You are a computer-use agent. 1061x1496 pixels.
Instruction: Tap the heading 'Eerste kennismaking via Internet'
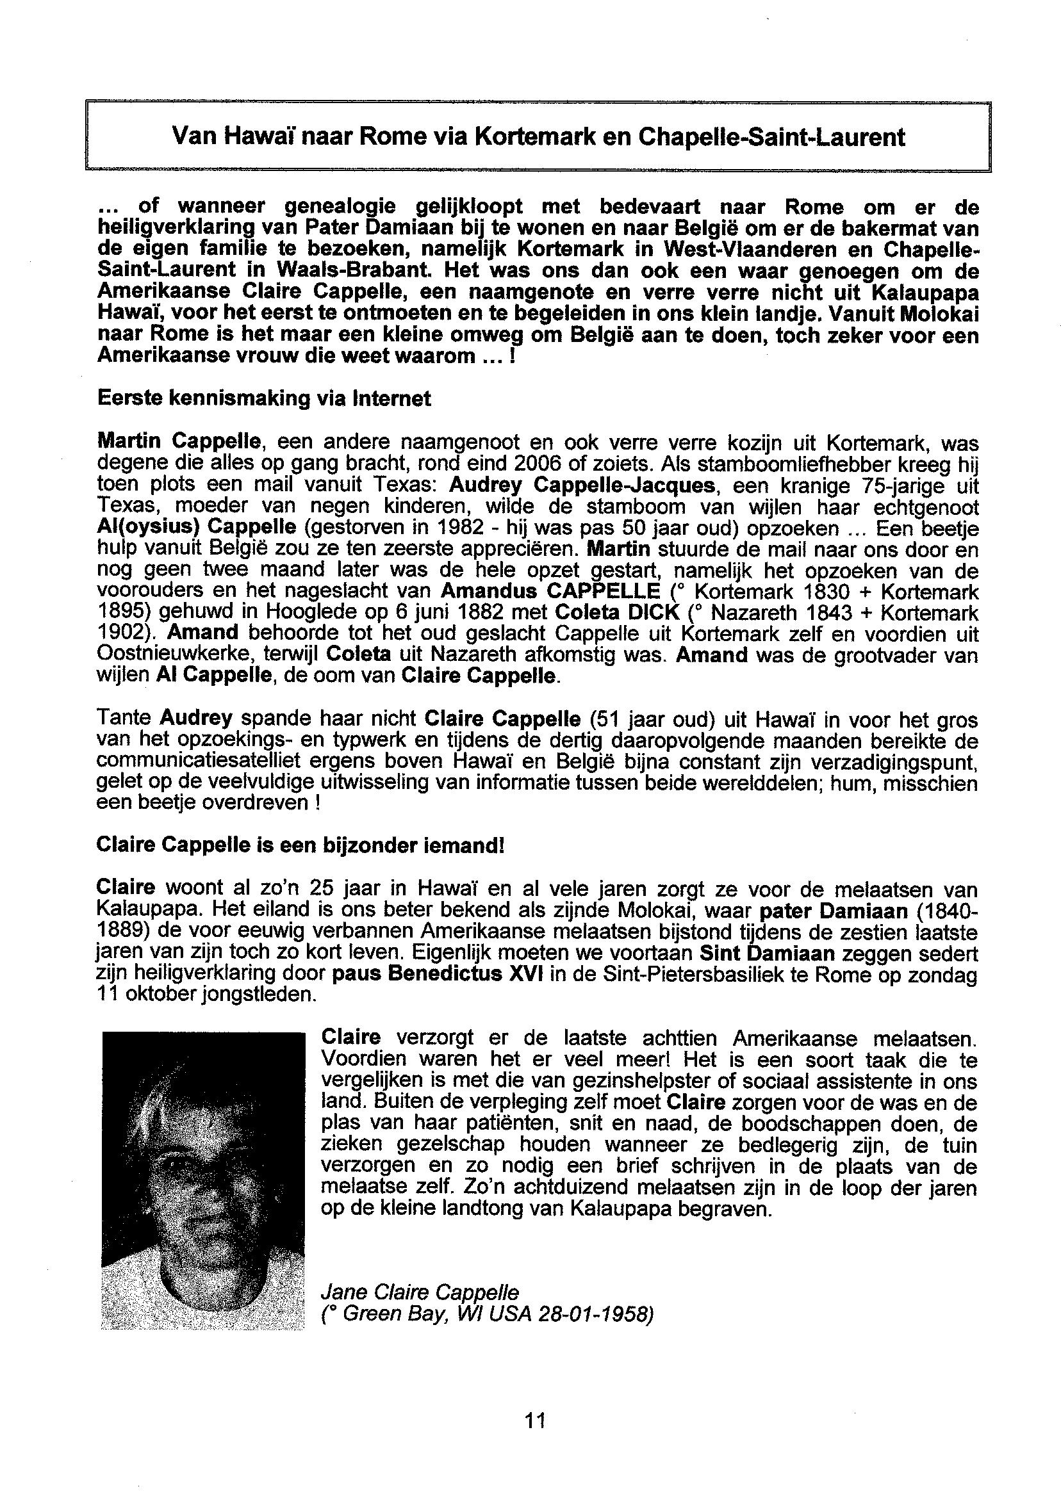tap(263, 398)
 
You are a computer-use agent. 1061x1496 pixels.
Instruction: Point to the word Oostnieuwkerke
tap(169, 655)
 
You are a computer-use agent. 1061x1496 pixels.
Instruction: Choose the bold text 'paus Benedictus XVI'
tap(434, 975)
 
